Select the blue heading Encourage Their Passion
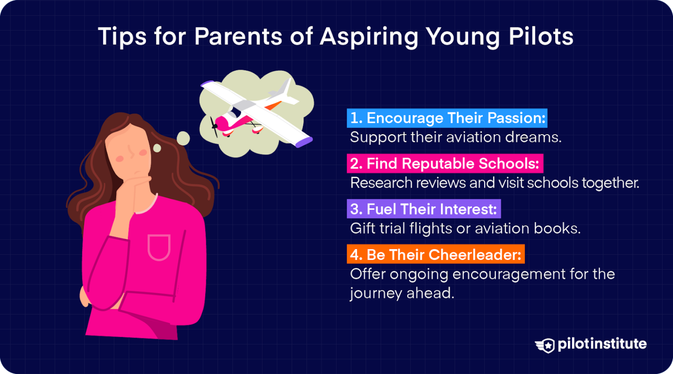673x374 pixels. click(x=447, y=118)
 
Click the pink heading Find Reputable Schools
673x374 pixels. click(x=445, y=164)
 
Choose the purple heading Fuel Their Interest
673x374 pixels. click(x=424, y=209)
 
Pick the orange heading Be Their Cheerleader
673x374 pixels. click(x=436, y=255)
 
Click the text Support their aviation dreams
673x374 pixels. click(x=456, y=137)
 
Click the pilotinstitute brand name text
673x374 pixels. click(x=602, y=344)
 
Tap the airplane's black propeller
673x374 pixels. click(x=214, y=126)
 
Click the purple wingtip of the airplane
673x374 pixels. click(x=304, y=142)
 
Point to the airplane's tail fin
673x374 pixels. click(x=285, y=88)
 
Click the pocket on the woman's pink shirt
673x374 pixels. click(x=159, y=247)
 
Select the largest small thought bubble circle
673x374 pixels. click(x=183, y=139)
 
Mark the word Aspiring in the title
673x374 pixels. click(x=369, y=37)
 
